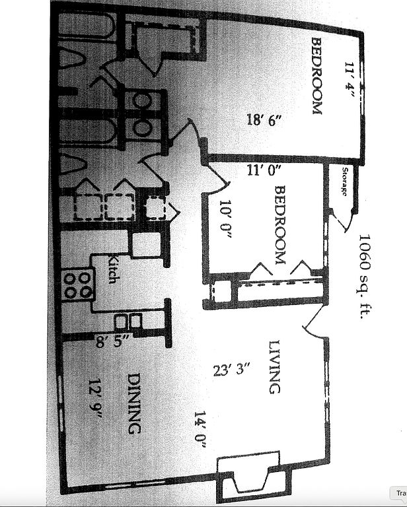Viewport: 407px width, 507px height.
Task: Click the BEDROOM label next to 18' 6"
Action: coord(316,76)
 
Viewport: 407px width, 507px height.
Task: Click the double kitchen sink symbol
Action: coord(127,321)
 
